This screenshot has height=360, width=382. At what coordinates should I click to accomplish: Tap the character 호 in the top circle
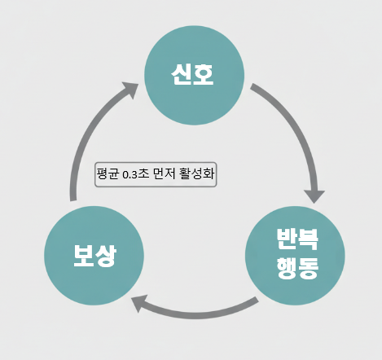pos(204,75)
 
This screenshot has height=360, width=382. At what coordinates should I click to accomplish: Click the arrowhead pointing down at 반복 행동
pos(314,196)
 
